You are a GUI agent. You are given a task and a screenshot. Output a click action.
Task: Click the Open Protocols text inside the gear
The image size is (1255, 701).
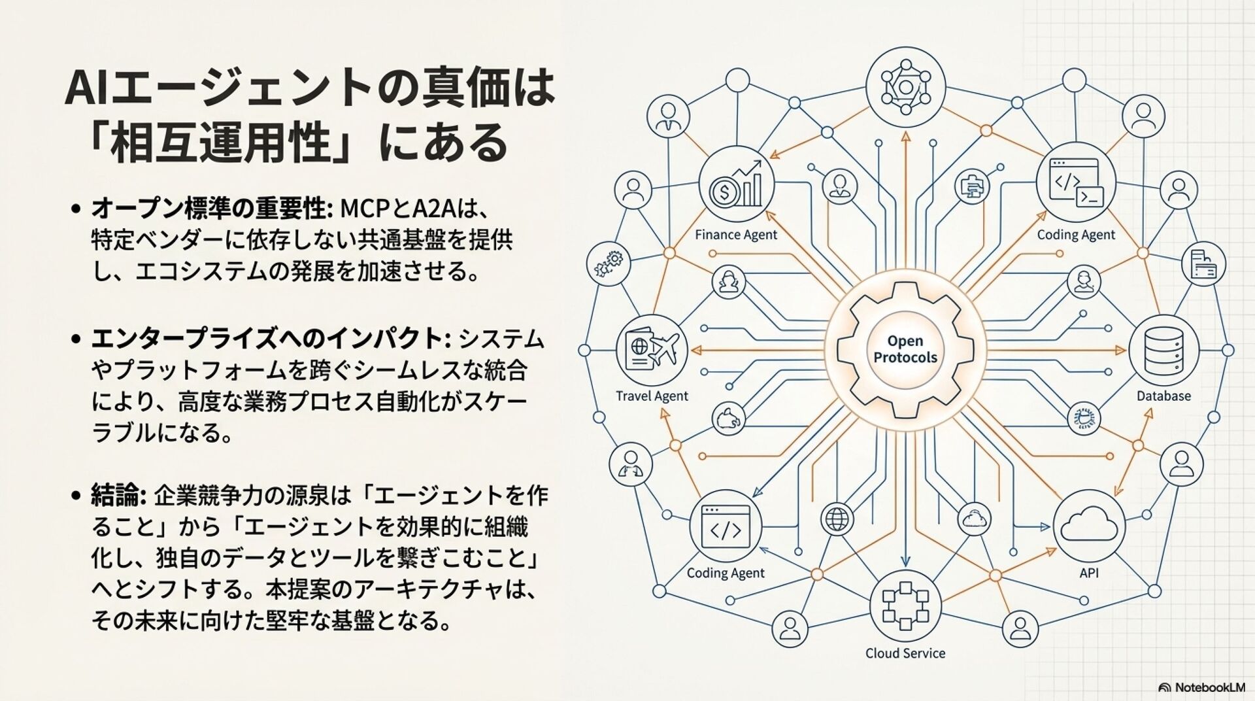pyautogui.click(x=905, y=349)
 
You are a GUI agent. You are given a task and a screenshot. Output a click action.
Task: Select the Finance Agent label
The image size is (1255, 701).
pyautogui.click(x=736, y=235)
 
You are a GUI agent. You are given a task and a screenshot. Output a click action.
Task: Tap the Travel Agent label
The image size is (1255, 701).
pyautogui.click(x=652, y=396)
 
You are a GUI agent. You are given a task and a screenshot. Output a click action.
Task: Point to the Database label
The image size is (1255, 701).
pyautogui.click(x=1163, y=396)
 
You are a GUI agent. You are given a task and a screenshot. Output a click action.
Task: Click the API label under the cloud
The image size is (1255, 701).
pyautogui.click(x=1089, y=573)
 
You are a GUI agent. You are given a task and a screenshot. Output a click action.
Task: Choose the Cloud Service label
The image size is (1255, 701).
pyautogui.click(x=905, y=653)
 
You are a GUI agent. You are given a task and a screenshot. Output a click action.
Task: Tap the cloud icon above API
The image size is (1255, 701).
pyautogui.click(x=1089, y=525)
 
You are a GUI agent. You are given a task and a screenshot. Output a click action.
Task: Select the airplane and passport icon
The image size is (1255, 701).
pyautogui.click(x=652, y=349)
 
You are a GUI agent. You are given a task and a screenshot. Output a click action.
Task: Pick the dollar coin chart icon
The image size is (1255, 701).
pyautogui.click(x=737, y=185)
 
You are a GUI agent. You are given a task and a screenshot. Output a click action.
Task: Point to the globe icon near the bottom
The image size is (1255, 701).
pyautogui.click(x=837, y=519)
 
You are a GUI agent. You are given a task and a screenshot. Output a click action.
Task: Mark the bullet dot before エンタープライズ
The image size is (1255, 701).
pyautogui.click(x=76, y=339)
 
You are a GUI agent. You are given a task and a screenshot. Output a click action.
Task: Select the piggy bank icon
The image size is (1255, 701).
pyautogui.click(x=728, y=419)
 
